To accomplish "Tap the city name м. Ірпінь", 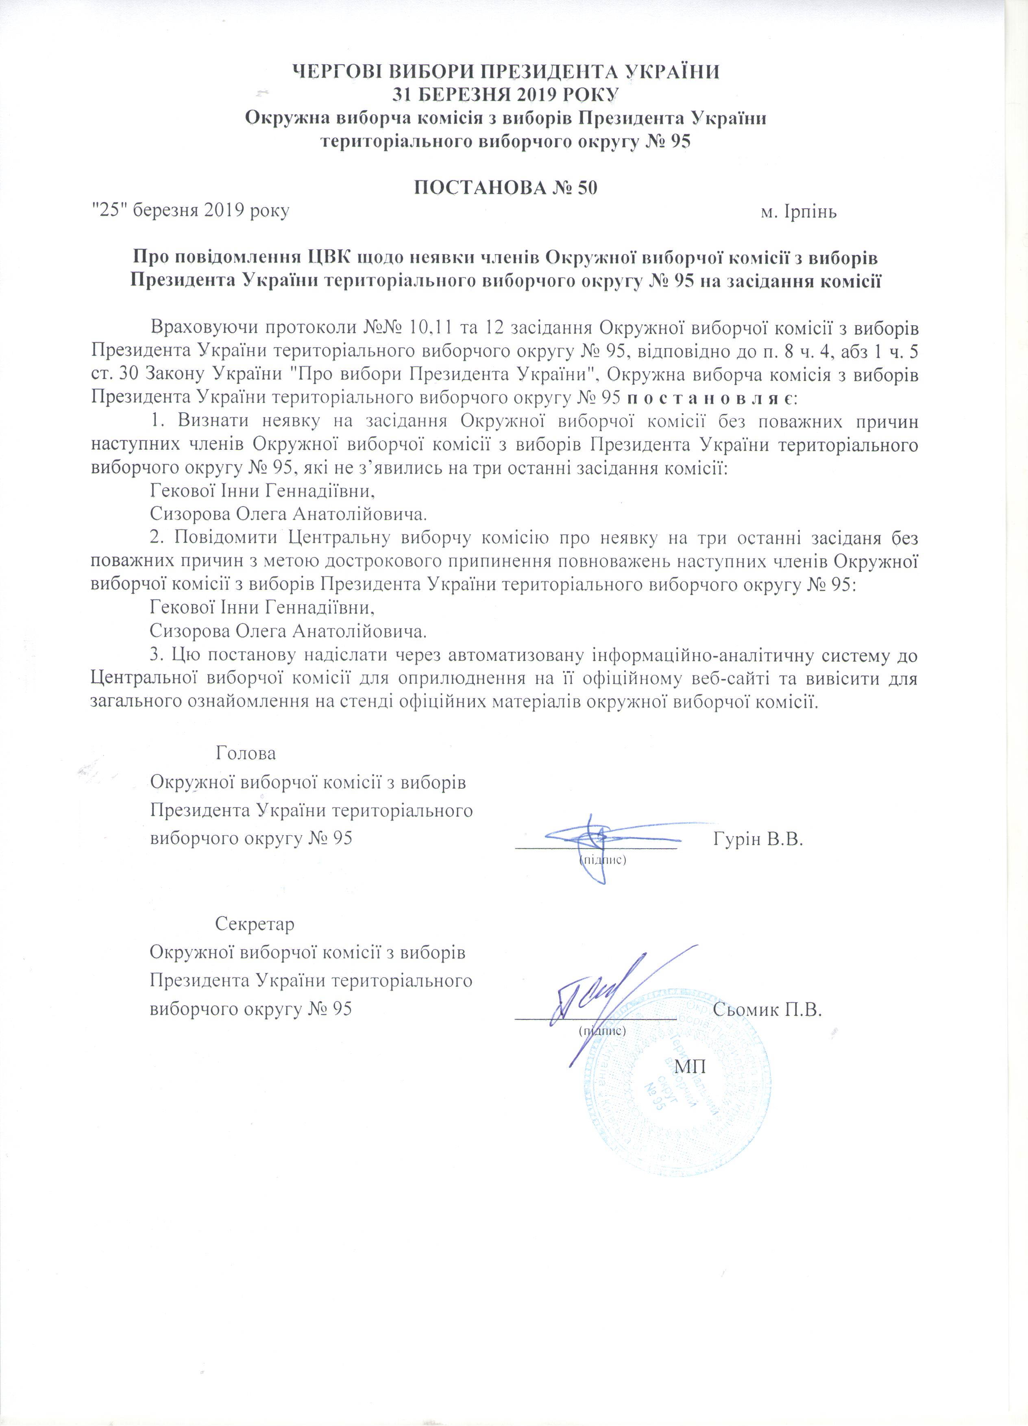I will point(799,211).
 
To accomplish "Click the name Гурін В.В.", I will point(760,839).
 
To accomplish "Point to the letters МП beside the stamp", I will point(690,1067).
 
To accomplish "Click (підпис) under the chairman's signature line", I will point(602,858).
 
